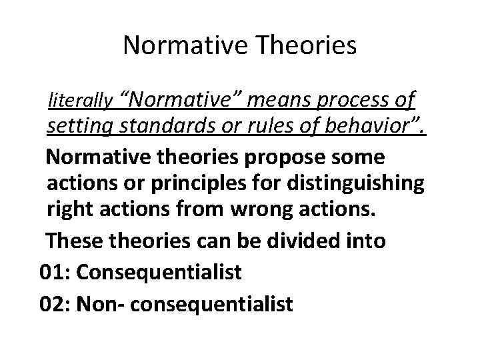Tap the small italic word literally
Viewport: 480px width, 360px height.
pyautogui.click(x=79, y=101)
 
